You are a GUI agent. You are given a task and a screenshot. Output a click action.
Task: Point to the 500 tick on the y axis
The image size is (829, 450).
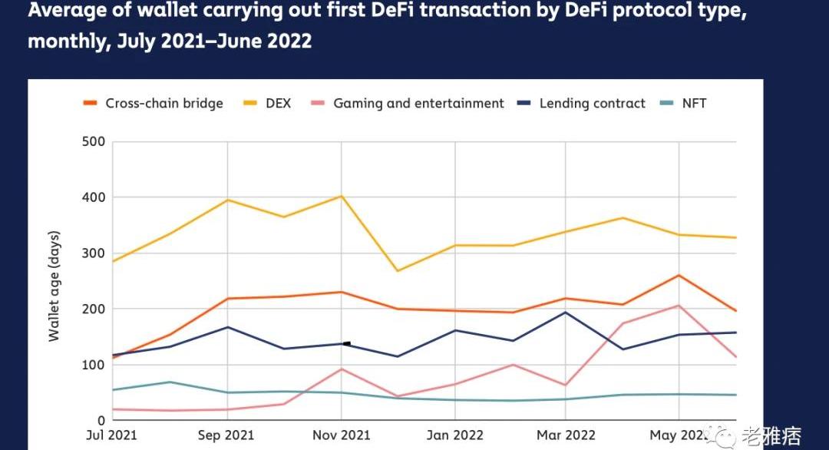[x=93, y=142]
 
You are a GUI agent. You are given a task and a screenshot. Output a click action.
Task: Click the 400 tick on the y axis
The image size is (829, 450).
[x=93, y=197]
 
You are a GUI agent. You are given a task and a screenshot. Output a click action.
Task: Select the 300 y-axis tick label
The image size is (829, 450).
[x=93, y=253]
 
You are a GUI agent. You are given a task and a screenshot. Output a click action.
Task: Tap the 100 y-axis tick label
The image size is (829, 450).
[x=93, y=365]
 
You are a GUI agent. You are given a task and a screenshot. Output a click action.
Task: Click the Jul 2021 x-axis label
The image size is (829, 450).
[x=112, y=435]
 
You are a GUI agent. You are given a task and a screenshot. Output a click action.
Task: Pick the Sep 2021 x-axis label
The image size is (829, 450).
[x=226, y=435]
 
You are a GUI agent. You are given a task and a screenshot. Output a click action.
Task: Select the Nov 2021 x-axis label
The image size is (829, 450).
[x=341, y=435]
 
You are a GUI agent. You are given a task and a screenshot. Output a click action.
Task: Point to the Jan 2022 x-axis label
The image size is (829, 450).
[x=454, y=435]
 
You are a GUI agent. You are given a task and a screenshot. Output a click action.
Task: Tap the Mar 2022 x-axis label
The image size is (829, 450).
[x=566, y=435]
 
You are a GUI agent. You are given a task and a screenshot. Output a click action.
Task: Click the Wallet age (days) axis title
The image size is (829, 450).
[x=54, y=286]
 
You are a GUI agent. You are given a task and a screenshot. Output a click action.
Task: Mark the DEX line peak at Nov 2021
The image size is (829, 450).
[x=341, y=196]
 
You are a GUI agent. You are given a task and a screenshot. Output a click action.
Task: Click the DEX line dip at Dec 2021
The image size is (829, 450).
[x=398, y=271]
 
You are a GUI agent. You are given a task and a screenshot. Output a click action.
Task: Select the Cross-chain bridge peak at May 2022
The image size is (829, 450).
[x=679, y=275]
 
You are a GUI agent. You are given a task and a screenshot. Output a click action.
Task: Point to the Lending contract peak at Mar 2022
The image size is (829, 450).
[x=566, y=312]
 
